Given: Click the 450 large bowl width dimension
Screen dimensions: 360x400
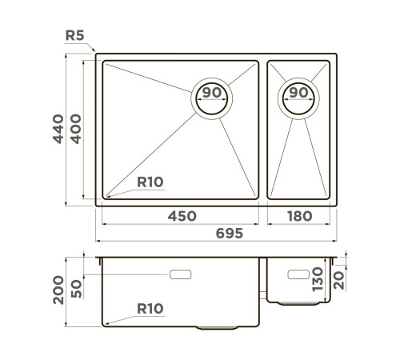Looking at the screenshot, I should pos(181,216).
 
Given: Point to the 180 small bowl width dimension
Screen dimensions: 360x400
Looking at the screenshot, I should pos(298,216).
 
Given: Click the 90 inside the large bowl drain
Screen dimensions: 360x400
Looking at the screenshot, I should pos(212,93).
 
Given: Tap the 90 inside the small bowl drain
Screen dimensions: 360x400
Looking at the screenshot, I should pos(298,93).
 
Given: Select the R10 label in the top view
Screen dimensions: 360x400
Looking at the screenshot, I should pos(150,182).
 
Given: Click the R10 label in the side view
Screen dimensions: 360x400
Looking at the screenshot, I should pos(150,308).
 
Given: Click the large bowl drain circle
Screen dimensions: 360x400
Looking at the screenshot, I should pos(212,100).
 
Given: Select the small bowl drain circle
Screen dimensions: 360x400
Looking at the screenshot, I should pos(298,100).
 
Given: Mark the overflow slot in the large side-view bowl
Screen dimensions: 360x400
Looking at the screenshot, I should pos(181,274).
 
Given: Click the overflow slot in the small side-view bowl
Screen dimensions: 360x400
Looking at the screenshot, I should pos(297,274).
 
